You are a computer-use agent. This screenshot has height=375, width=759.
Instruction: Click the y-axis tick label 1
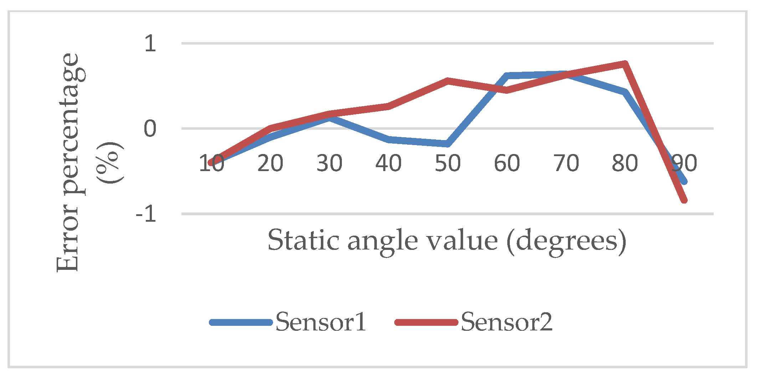coord(150,44)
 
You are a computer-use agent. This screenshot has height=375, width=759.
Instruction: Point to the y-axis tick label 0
coord(150,129)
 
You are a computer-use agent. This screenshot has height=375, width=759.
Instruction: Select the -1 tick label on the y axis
coord(146,215)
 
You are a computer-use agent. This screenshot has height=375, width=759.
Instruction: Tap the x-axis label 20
coord(270,163)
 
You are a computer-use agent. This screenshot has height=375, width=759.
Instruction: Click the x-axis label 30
coord(329,163)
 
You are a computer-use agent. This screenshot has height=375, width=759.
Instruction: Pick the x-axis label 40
coord(389,163)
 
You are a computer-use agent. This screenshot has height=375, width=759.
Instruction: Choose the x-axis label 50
coord(448,163)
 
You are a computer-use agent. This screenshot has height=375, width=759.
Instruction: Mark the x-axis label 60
coord(507,163)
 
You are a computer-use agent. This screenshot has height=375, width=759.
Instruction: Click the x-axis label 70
coord(566,163)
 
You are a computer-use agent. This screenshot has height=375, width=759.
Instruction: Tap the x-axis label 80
coord(625,163)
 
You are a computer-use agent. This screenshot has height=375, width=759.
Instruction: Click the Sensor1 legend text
coord(321,322)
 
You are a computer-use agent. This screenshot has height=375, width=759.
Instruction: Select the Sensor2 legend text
coord(507,322)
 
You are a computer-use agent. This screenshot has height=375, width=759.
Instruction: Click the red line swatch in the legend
coord(426,322)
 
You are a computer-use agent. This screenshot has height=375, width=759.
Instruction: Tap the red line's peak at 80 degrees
coord(625,64)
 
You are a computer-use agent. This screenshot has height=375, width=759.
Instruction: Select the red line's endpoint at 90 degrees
coord(684,200)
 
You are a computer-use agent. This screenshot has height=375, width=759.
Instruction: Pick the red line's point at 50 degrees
coord(448,81)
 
